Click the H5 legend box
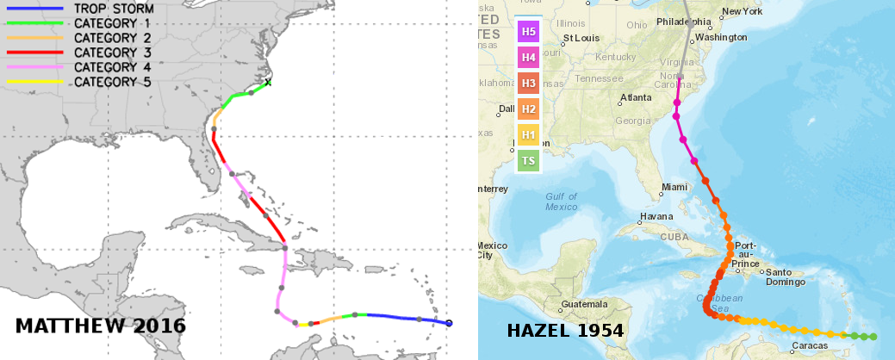pos(528,33)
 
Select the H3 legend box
pos(528,84)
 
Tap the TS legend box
pos(528,160)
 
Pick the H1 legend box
pos(528,135)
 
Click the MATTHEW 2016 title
pos(101,326)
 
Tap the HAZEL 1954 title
pos(565,330)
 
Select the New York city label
pos(742,11)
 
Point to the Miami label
pos(674,187)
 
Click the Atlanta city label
pos(636,97)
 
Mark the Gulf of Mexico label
pos(561,202)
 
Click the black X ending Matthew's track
pos(268,83)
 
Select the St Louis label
pos(581,38)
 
